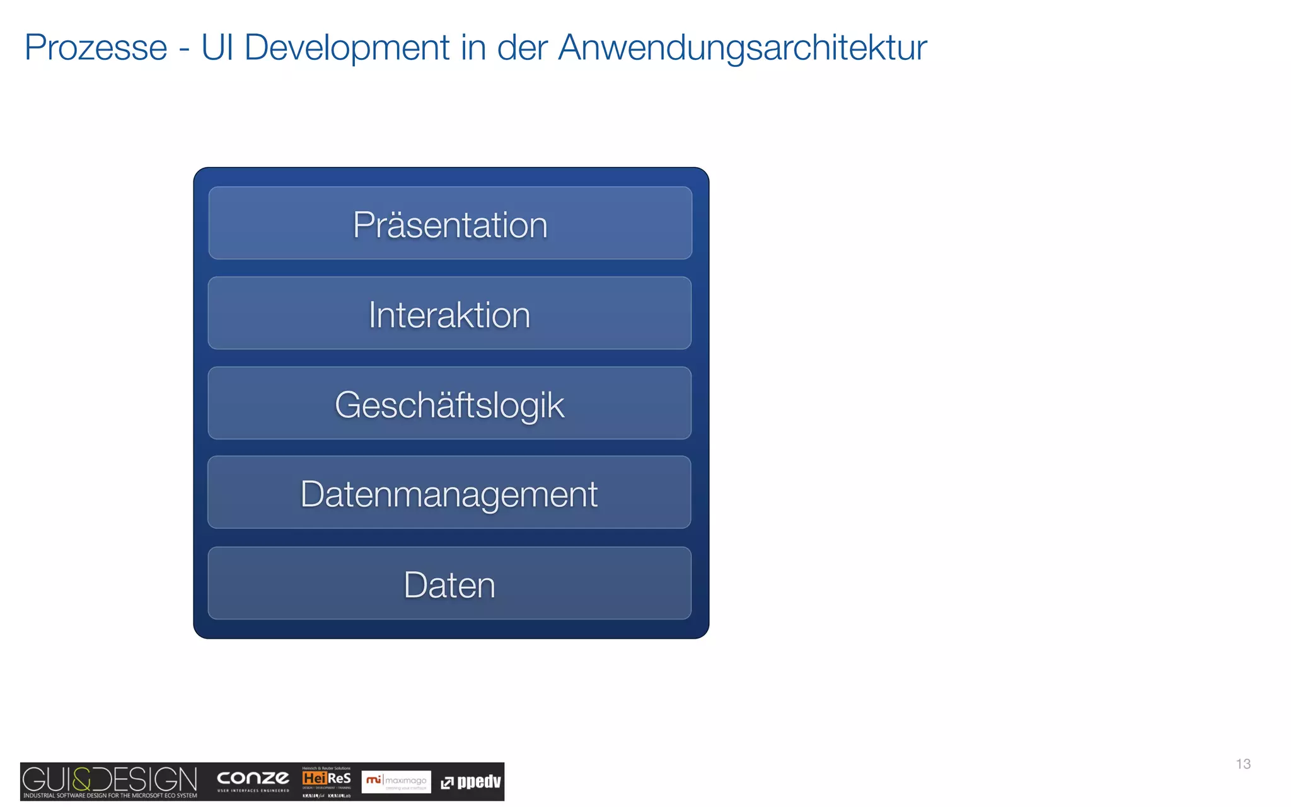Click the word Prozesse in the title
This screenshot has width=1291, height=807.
(96, 48)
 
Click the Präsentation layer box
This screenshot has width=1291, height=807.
(450, 223)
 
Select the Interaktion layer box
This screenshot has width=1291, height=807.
(449, 313)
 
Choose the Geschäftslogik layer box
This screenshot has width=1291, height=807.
(449, 403)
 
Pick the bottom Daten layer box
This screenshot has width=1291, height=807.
(449, 584)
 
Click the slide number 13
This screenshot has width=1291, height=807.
(1243, 764)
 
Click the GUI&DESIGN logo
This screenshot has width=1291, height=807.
(110, 781)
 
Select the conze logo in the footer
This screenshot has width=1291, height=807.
(253, 780)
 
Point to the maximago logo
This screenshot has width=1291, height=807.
(396, 782)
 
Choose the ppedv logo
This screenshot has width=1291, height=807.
(472, 782)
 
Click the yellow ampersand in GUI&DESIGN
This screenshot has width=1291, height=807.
(83, 779)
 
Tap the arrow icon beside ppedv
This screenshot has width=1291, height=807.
(447, 783)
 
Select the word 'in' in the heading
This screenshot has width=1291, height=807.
(473, 48)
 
